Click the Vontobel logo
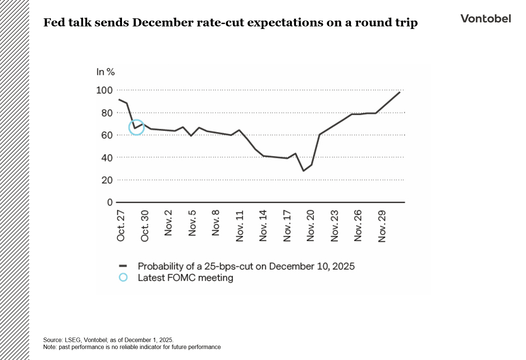(x=485, y=19)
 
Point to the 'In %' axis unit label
(x=105, y=72)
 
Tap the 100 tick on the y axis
(x=104, y=90)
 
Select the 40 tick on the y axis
(x=107, y=158)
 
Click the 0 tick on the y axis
(x=110, y=202)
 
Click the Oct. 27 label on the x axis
(x=121, y=226)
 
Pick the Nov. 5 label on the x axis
(x=192, y=223)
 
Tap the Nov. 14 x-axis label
(x=263, y=226)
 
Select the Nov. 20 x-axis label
(x=311, y=226)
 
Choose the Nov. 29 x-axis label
(x=382, y=226)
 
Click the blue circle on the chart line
(x=136, y=127)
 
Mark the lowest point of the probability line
(x=303, y=171)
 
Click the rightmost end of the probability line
(x=400, y=92)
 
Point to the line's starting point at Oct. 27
(x=119, y=99)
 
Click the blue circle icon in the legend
(x=123, y=278)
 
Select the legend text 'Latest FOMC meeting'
(x=185, y=278)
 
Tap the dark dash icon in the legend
(x=123, y=266)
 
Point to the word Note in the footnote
(x=49, y=347)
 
